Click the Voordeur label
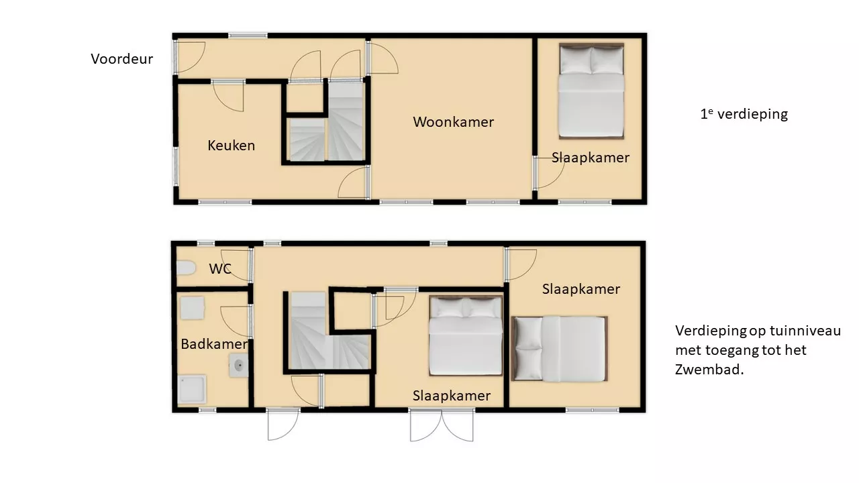(x=122, y=59)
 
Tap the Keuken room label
(x=232, y=146)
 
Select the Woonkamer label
(x=453, y=122)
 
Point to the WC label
(x=220, y=269)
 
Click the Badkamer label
(x=214, y=344)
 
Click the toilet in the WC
(x=187, y=268)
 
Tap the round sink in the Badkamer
(x=238, y=366)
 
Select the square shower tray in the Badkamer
(x=192, y=388)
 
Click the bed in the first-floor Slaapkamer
(x=591, y=91)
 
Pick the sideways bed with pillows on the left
(x=560, y=348)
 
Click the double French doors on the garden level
(x=442, y=425)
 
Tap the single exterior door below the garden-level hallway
(x=283, y=425)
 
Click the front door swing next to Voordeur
(x=190, y=57)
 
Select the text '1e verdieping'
(x=744, y=114)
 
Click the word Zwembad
(x=709, y=370)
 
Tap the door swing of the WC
(x=236, y=265)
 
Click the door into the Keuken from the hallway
(x=228, y=96)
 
